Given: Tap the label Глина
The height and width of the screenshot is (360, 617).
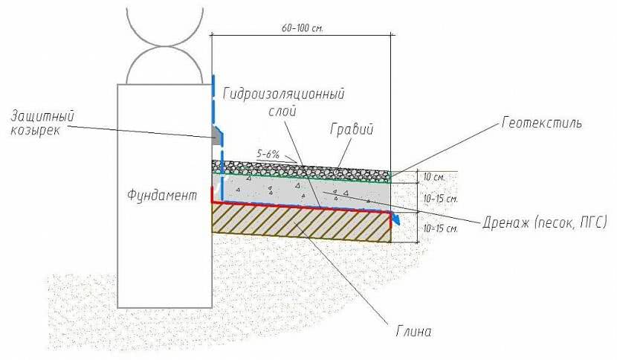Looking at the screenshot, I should click(413, 330).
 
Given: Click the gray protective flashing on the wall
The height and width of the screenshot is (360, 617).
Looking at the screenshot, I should click(217, 135).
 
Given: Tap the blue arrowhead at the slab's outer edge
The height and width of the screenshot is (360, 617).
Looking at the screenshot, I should click(398, 219).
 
